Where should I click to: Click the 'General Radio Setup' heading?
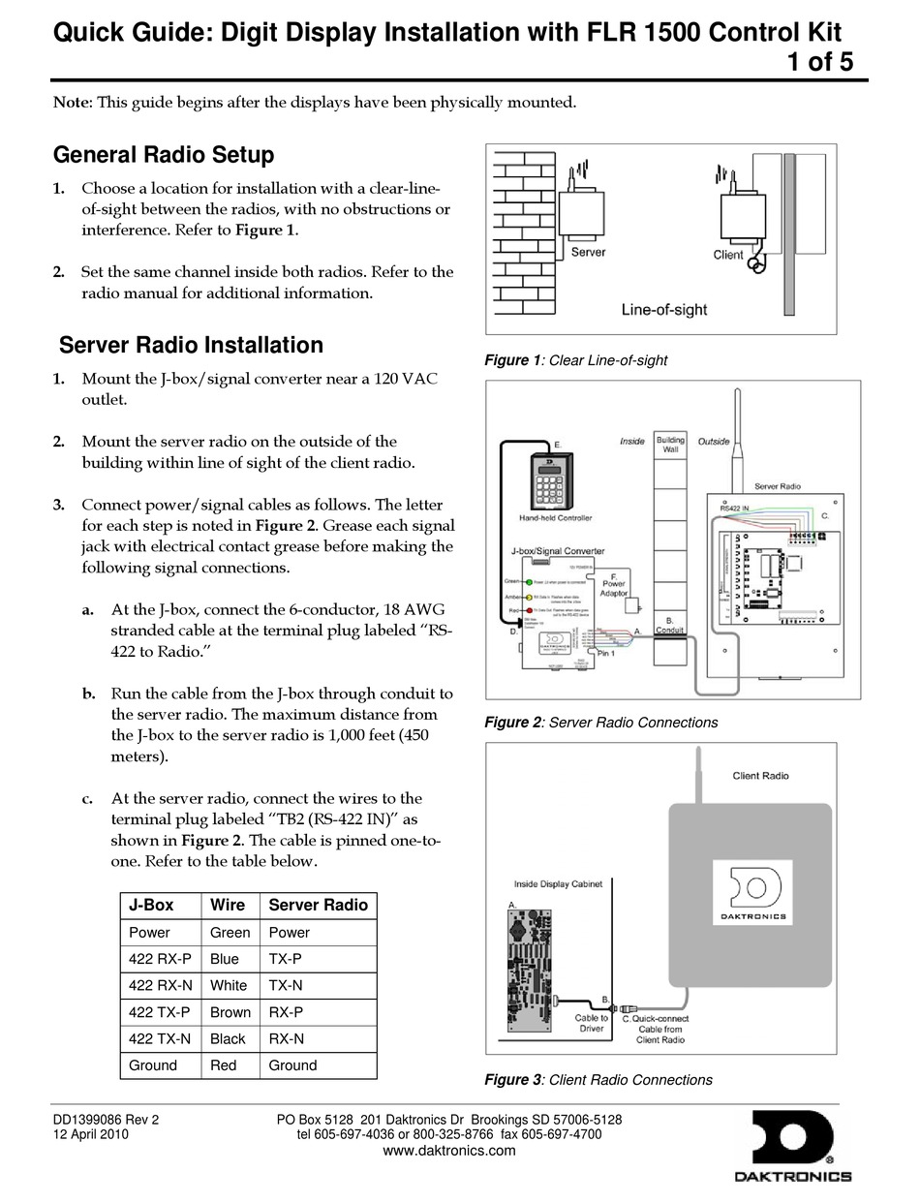(x=163, y=155)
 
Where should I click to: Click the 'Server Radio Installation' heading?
(x=191, y=346)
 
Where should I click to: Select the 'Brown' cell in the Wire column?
(x=230, y=1012)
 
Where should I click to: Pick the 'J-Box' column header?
(x=151, y=905)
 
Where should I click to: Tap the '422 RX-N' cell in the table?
(x=161, y=985)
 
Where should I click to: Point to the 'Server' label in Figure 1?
(x=588, y=252)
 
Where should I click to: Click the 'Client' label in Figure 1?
(x=727, y=255)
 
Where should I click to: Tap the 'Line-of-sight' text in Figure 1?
(x=663, y=310)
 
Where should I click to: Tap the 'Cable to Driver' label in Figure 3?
(x=591, y=1023)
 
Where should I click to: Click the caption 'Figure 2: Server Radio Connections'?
(x=600, y=723)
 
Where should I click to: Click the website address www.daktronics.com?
(x=449, y=1151)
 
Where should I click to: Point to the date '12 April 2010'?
(x=90, y=1134)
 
